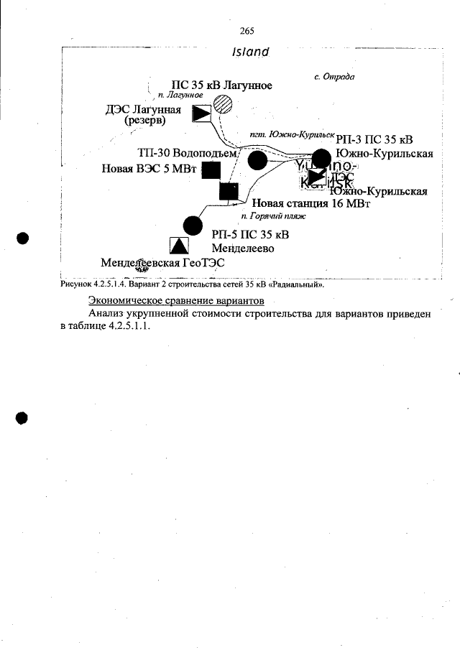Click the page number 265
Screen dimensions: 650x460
click(247, 31)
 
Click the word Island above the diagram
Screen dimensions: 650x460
click(250, 52)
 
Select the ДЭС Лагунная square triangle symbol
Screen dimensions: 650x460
click(202, 113)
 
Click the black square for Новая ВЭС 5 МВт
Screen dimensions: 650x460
click(211, 170)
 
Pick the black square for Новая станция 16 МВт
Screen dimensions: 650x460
click(229, 192)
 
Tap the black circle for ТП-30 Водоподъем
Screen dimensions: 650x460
click(257, 160)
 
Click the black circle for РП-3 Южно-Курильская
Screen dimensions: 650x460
click(321, 159)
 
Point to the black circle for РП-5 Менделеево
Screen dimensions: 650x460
click(193, 225)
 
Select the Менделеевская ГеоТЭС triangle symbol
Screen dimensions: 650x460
click(178, 246)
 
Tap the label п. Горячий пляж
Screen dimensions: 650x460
click(274, 215)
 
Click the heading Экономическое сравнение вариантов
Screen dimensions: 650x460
click(176, 300)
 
